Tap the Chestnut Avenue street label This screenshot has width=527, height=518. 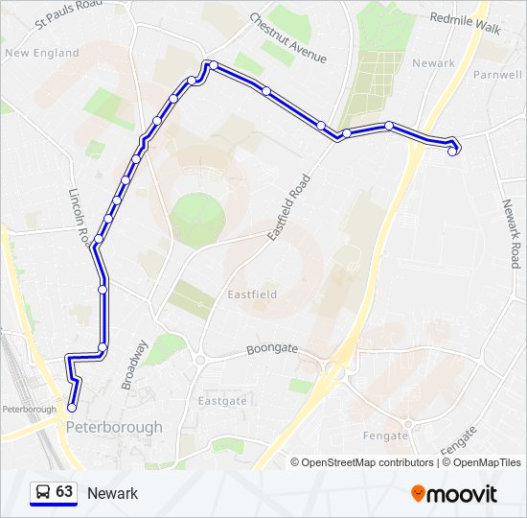(287, 38)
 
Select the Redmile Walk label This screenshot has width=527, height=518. (466, 23)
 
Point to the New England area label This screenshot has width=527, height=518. (42, 53)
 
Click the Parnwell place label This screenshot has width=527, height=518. (496, 73)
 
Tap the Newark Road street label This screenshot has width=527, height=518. (514, 233)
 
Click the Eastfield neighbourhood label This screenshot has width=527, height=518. (251, 294)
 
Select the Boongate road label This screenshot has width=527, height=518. (271, 351)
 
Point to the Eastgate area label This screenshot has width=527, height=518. (221, 400)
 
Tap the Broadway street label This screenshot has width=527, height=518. (134, 365)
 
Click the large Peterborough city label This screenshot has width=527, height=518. (115, 427)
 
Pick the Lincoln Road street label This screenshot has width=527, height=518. (80, 215)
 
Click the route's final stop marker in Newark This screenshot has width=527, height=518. (452, 151)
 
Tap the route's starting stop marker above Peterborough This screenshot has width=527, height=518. (72, 408)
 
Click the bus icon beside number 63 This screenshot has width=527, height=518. (42, 493)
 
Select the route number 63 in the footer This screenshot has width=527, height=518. (64, 492)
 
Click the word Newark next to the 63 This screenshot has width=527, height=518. (112, 493)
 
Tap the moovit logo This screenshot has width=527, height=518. (454, 493)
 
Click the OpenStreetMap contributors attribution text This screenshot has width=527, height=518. (367, 462)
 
